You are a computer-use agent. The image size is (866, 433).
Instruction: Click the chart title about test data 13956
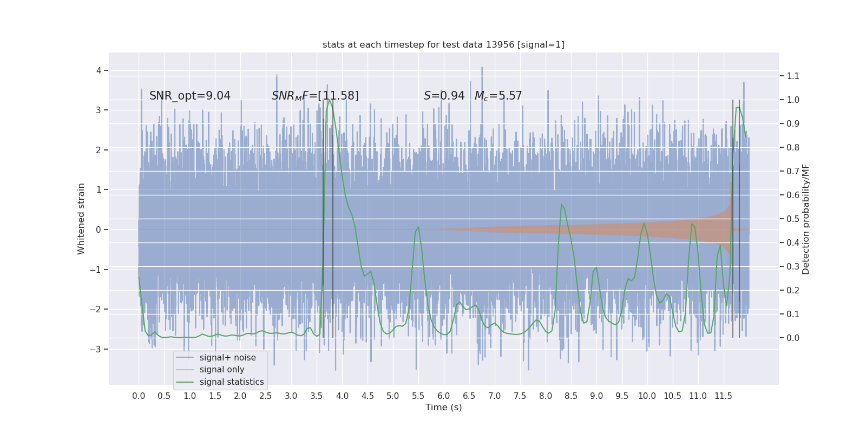coord(443,45)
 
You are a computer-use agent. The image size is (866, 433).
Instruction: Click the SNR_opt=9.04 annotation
coord(189,96)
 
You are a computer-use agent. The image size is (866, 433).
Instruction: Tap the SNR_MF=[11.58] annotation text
coord(315,96)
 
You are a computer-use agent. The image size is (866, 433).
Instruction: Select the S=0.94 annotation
coord(444,96)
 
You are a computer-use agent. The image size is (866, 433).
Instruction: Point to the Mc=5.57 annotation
coord(498,96)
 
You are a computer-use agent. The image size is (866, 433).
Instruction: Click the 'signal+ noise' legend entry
coord(227,358)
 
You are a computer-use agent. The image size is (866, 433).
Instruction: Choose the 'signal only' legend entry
coord(222,370)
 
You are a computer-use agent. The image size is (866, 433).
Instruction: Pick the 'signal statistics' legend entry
coord(232,382)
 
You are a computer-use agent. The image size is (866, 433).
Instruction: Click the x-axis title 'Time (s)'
coord(443,408)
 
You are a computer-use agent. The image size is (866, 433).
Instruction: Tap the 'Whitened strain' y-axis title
coord(81,219)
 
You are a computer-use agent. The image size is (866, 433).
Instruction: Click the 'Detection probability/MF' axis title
coord(806,219)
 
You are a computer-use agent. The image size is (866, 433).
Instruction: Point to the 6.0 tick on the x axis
coord(444,396)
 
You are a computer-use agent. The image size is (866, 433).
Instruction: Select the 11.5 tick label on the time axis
coord(723,396)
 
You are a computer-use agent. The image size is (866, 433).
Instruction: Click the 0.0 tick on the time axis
coord(139,396)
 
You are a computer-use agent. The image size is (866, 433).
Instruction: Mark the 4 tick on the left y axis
coord(99,70)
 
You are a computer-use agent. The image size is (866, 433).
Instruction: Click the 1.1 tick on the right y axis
coord(793,76)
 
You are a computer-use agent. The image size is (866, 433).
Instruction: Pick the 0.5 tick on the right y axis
coord(793,219)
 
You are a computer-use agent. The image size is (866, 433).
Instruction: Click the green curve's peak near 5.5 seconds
coord(418,227)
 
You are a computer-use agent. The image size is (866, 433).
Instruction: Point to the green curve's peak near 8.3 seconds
coord(562,205)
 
